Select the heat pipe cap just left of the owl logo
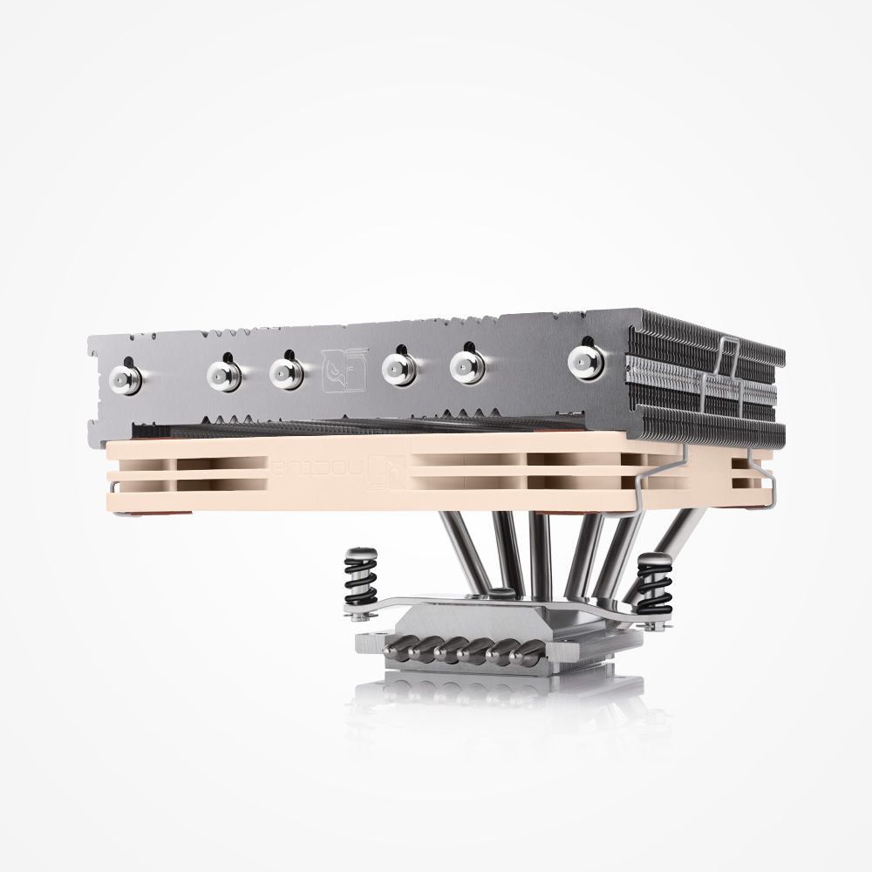[287, 372]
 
